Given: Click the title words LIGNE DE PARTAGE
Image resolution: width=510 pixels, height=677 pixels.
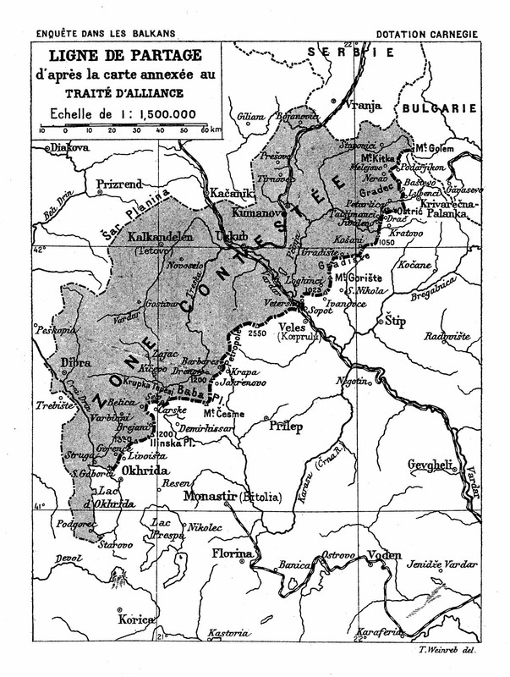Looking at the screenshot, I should click(x=125, y=55).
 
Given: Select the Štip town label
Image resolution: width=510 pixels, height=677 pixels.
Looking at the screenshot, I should click(x=396, y=321).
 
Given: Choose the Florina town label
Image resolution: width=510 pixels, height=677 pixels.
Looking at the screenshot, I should click(x=232, y=554).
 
